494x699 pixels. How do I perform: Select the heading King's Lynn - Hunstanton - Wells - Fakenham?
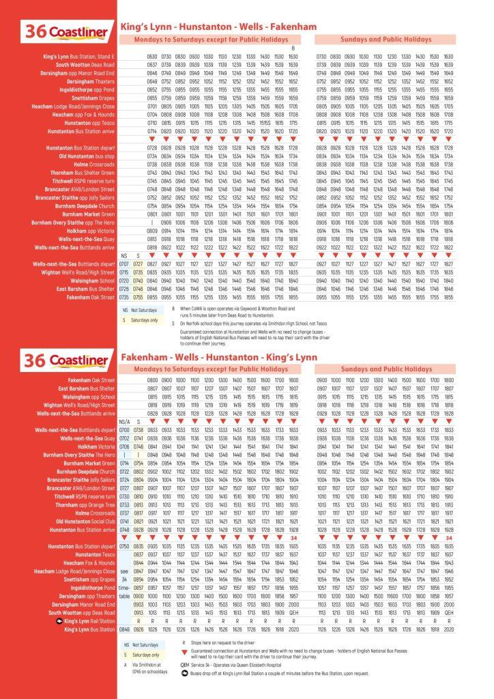(218, 27)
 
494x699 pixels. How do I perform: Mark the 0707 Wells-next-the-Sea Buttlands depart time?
(124, 263)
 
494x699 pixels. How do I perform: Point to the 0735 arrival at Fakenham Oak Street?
(124, 298)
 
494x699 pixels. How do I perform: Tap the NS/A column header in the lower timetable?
(124, 422)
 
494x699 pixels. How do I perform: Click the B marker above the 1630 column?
(293, 48)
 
